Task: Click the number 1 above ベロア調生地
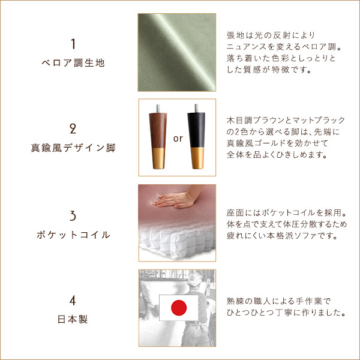tap(73, 44)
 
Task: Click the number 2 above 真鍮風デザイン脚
tap(73, 128)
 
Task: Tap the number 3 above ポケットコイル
tap(73, 215)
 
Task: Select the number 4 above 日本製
tap(73, 299)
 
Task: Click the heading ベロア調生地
tap(73, 62)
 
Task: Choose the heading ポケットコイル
tap(73, 235)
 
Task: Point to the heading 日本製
tap(73, 319)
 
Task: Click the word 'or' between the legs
tap(178, 139)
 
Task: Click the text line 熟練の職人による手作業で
tap(279, 301)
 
